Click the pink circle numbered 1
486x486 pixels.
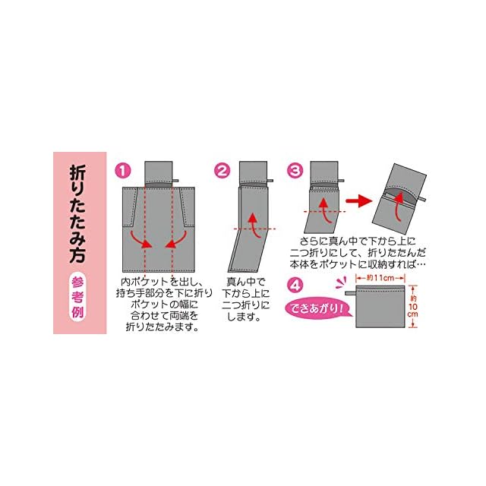(123, 170)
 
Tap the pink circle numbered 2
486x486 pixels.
(222, 170)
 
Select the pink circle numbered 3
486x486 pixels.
(295, 170)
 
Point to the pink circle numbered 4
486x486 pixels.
(295, 286)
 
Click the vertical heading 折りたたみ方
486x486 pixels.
(77, 214)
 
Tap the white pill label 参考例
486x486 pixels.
(77, 297)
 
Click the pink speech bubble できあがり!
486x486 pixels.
(318, 309)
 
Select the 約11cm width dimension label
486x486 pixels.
(380, 278)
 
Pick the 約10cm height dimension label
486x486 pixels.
(413, 307)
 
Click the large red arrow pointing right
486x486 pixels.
(359, 201)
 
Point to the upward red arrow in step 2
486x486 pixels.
(255, 226)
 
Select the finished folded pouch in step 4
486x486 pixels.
(380, 307)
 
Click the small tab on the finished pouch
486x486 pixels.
(351, 293)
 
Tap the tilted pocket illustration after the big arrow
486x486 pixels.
(399, 199)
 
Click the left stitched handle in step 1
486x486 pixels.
(130, 207)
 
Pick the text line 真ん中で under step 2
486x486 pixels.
(245, 282)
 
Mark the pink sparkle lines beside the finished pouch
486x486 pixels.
(342, 282)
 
